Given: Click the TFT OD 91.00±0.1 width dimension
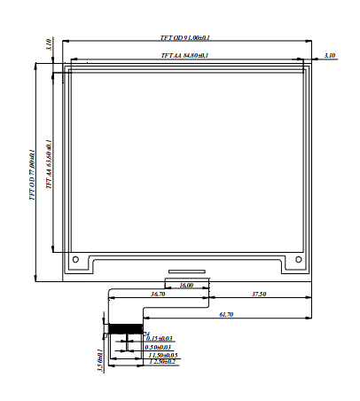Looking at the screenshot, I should [184, 37].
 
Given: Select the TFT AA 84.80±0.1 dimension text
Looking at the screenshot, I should [184, 56].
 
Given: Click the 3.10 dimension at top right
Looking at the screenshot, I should [330, 56].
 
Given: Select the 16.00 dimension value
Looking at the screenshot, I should [186, 286].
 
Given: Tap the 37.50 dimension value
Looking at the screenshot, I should [260, 294].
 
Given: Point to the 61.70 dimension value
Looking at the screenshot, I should [226, 314].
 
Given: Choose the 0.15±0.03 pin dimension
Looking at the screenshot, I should [159, 338].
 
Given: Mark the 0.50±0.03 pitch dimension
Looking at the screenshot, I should [159, 346].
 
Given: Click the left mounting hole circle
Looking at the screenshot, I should [76, 260].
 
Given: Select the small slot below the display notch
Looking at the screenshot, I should [186, 270].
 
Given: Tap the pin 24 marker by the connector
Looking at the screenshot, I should [146, 333].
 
